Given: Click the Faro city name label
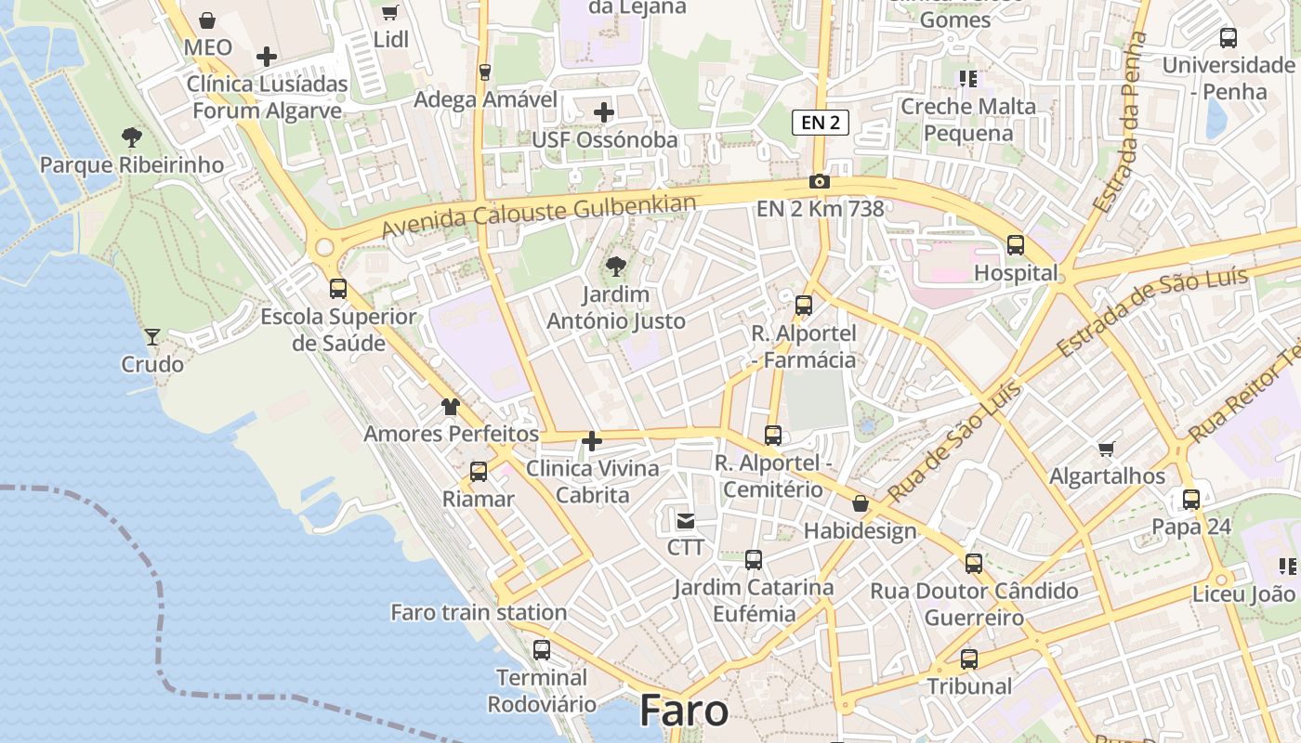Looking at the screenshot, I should pos(684,710).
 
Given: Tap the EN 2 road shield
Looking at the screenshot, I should pos(821,122).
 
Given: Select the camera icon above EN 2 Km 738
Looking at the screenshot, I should pos(819,182).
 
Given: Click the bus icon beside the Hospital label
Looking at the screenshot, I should pos(1016,245).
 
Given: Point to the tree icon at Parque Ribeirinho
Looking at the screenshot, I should pos(132,138).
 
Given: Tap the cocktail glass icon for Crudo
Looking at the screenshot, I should pos(152,336).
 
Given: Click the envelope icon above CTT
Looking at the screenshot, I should pos(686,521).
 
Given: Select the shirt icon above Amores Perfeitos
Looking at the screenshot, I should pos(451,407).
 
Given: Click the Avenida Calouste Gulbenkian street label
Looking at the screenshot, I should pos(539,215).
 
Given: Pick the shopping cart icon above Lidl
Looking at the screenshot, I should pos(390,13).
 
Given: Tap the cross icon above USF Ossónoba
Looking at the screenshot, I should pos(604,113).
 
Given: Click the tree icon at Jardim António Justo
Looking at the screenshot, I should pos(615,267).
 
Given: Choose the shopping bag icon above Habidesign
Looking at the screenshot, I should pos(861,503).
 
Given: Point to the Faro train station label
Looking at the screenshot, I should pos(479,612).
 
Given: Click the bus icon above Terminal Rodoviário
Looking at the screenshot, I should pos(542,650).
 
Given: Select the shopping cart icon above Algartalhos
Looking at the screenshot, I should pos(1107,450).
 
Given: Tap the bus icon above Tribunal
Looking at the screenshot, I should pos(969,659).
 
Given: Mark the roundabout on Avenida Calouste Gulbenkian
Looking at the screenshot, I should pos(324,247).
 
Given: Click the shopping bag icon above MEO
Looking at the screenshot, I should pos(208,20).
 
